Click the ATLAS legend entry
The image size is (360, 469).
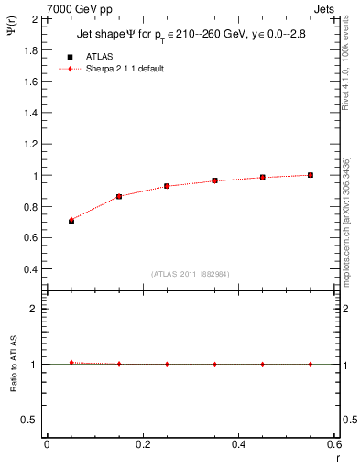tap(100, 56)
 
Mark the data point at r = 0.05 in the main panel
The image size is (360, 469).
tap(71, 221)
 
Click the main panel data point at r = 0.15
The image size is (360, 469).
tap(119, 196)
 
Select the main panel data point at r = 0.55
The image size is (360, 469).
tap(311, 175)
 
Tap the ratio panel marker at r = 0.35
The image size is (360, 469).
tap(215, 364)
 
